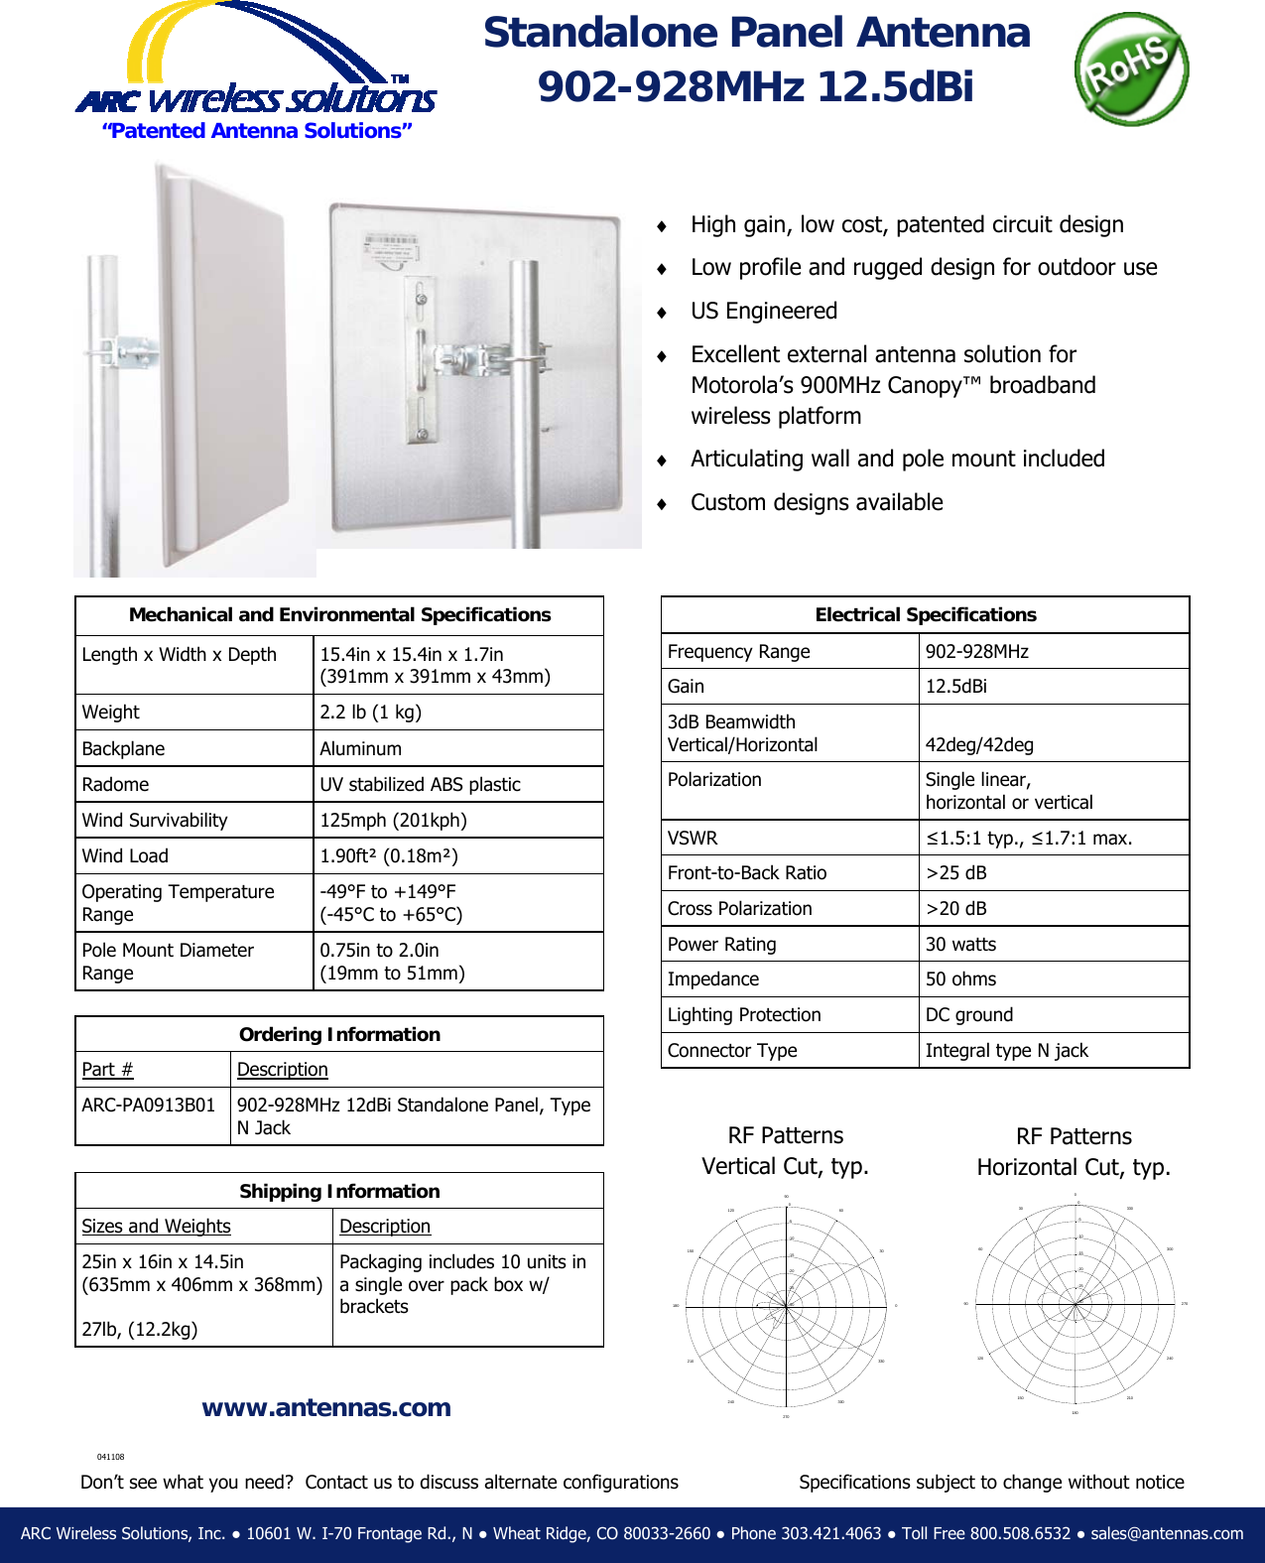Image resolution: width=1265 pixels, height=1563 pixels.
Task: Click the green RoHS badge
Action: coord(1130,68)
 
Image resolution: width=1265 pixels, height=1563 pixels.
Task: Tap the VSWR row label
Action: coord(693,838)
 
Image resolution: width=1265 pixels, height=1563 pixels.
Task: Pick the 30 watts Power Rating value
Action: coord(960,944)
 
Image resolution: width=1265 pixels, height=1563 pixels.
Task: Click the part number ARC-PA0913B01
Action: coord(149,1105)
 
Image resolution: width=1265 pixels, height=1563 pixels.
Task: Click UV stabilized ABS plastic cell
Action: coord(420,784)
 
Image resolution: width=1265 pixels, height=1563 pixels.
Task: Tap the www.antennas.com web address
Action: coord(326,1407)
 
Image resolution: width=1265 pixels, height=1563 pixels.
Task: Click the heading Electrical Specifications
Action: coord(925,614)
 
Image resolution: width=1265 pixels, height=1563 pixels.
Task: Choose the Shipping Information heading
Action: coord(339,1191)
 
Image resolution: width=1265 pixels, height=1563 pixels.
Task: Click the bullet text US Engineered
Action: coord(764,311)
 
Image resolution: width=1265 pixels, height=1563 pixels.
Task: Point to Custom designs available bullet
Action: coord(817,502)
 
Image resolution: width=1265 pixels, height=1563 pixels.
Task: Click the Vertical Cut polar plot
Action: coord(786,1306)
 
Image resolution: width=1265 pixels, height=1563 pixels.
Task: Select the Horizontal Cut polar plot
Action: coord(1075,1303)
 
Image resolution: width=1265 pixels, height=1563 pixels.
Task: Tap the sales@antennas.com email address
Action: coord(1167,1533)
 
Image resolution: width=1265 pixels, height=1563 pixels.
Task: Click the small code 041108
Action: coord(110,1457)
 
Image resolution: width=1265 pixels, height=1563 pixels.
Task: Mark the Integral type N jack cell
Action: coord(1006,1050)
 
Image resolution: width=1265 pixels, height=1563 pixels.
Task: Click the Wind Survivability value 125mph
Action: coord(393,820)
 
